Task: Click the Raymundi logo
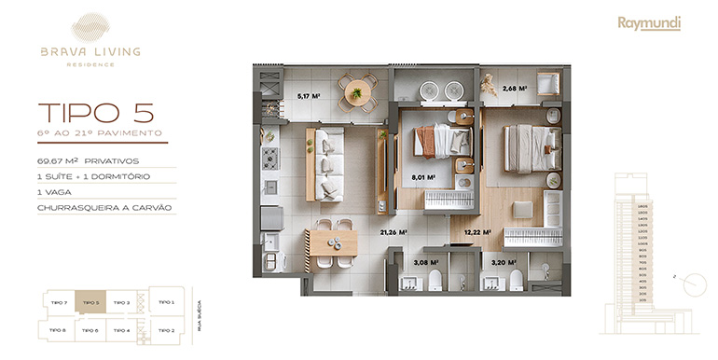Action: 649,23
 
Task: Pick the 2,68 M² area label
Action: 515,90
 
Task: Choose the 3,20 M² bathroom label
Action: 504,264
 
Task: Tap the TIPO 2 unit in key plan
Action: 166,330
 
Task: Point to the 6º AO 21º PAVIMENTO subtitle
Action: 101,134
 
